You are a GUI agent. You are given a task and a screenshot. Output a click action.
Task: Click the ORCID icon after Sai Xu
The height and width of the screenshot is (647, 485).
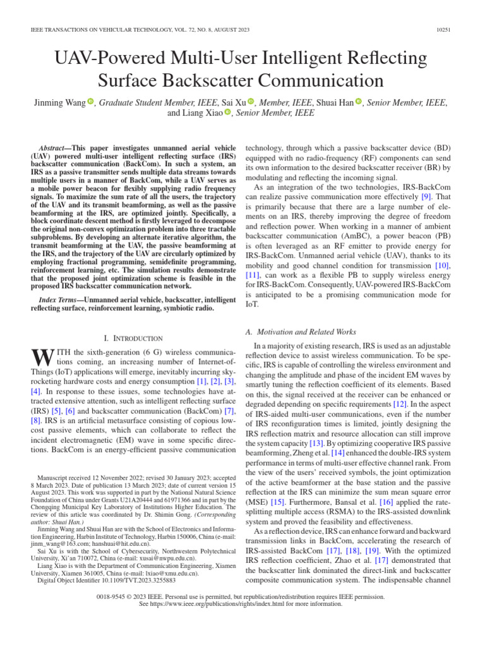click(x=251, y=102)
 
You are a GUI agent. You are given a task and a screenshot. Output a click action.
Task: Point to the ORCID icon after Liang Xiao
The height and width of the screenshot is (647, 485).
click(x=228, y=114)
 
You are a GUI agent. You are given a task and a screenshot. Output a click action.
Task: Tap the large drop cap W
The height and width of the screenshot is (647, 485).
click(x=40, y=357)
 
